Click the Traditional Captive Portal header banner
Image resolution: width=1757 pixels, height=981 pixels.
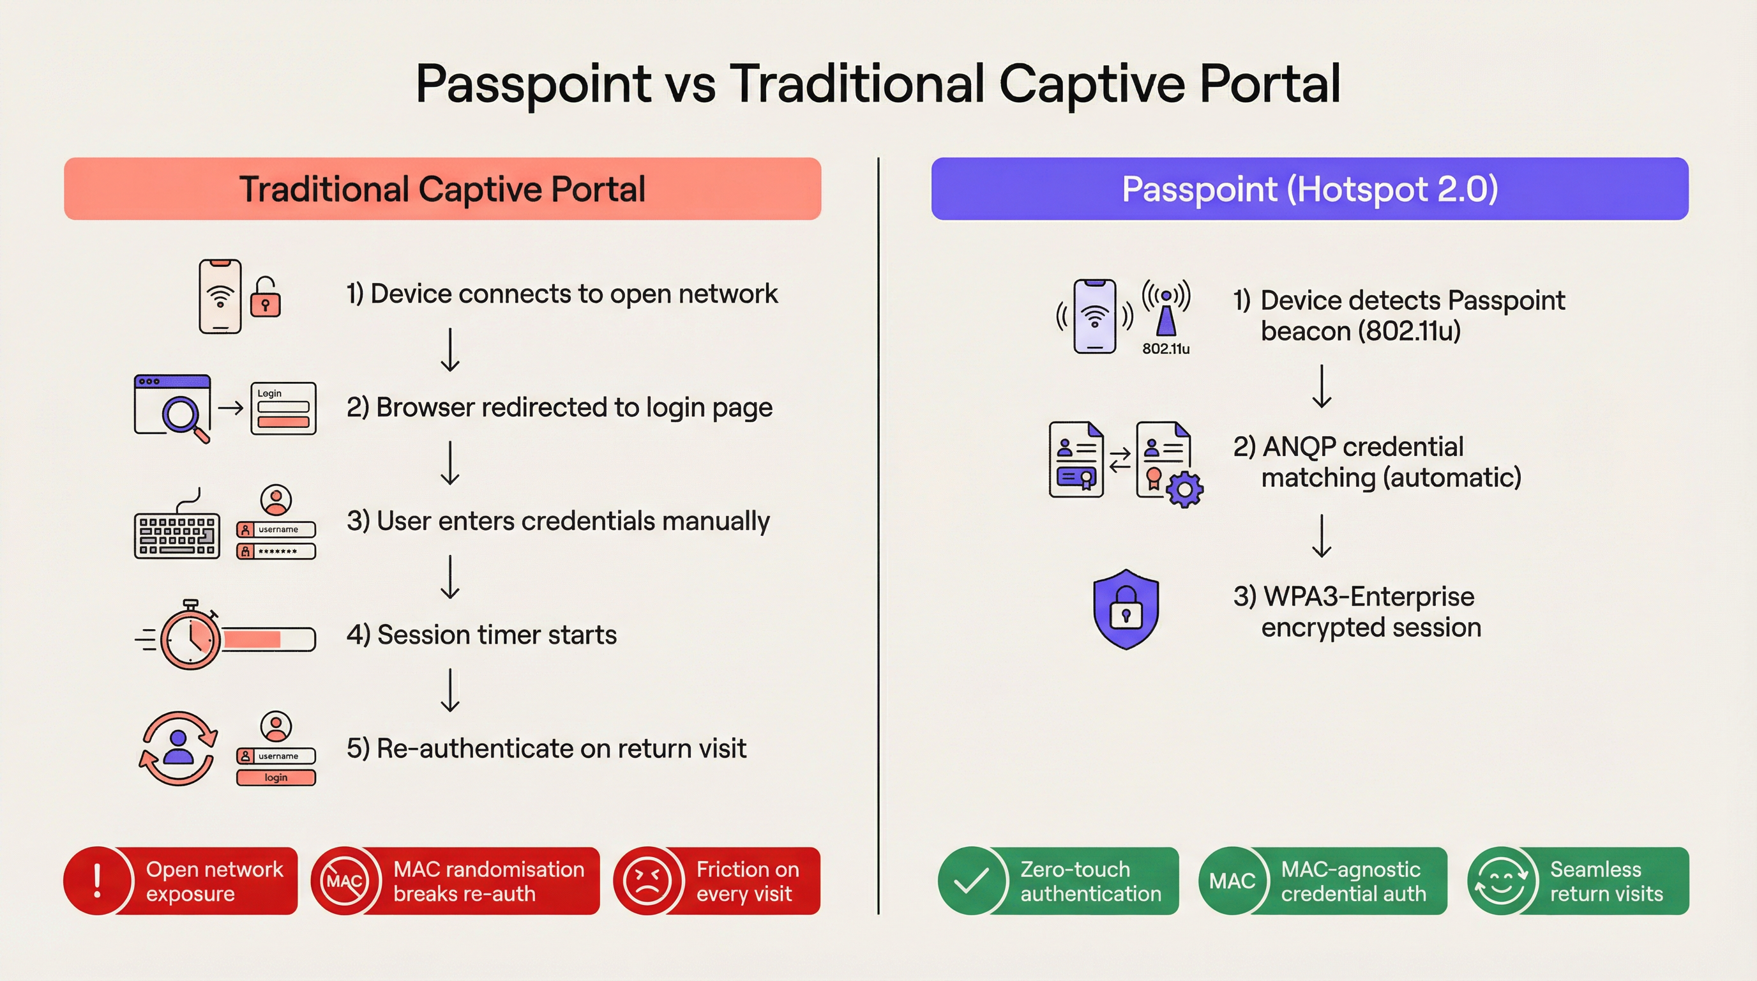(x=442, y=189)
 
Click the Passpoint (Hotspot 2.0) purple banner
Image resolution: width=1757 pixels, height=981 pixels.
(x=1309, y=189)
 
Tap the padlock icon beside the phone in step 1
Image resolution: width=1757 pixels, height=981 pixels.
(x=266, y=298)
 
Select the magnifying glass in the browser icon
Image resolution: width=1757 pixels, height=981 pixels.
(x=181, y=414)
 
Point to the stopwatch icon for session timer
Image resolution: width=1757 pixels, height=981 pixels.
(x=190, y=639)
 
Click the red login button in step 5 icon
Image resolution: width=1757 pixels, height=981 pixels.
(x=276, y=778)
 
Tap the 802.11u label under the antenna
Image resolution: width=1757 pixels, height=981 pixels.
(x=1166, y=349)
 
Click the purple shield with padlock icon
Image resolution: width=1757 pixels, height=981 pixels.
(x=1126, y=609)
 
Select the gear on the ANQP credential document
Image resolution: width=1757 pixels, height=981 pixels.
(x=1185, y=489)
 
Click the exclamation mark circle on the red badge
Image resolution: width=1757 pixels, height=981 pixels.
(x=98, y=881)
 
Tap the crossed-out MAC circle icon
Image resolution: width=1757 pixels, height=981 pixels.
(x=345, y=881)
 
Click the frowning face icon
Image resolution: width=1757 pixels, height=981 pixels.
(x=647, y=881)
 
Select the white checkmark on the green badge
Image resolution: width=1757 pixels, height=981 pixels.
(x=971, y=881)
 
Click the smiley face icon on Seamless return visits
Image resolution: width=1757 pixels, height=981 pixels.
(x=1500, y=881)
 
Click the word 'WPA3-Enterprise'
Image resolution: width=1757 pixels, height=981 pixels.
(x=1368, y=597)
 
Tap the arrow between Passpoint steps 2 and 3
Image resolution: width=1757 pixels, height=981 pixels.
(x=1322, y=536)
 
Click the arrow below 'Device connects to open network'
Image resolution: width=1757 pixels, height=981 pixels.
(x=450, y=350)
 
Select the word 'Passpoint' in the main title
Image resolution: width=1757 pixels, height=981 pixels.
(x=533, y=84)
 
